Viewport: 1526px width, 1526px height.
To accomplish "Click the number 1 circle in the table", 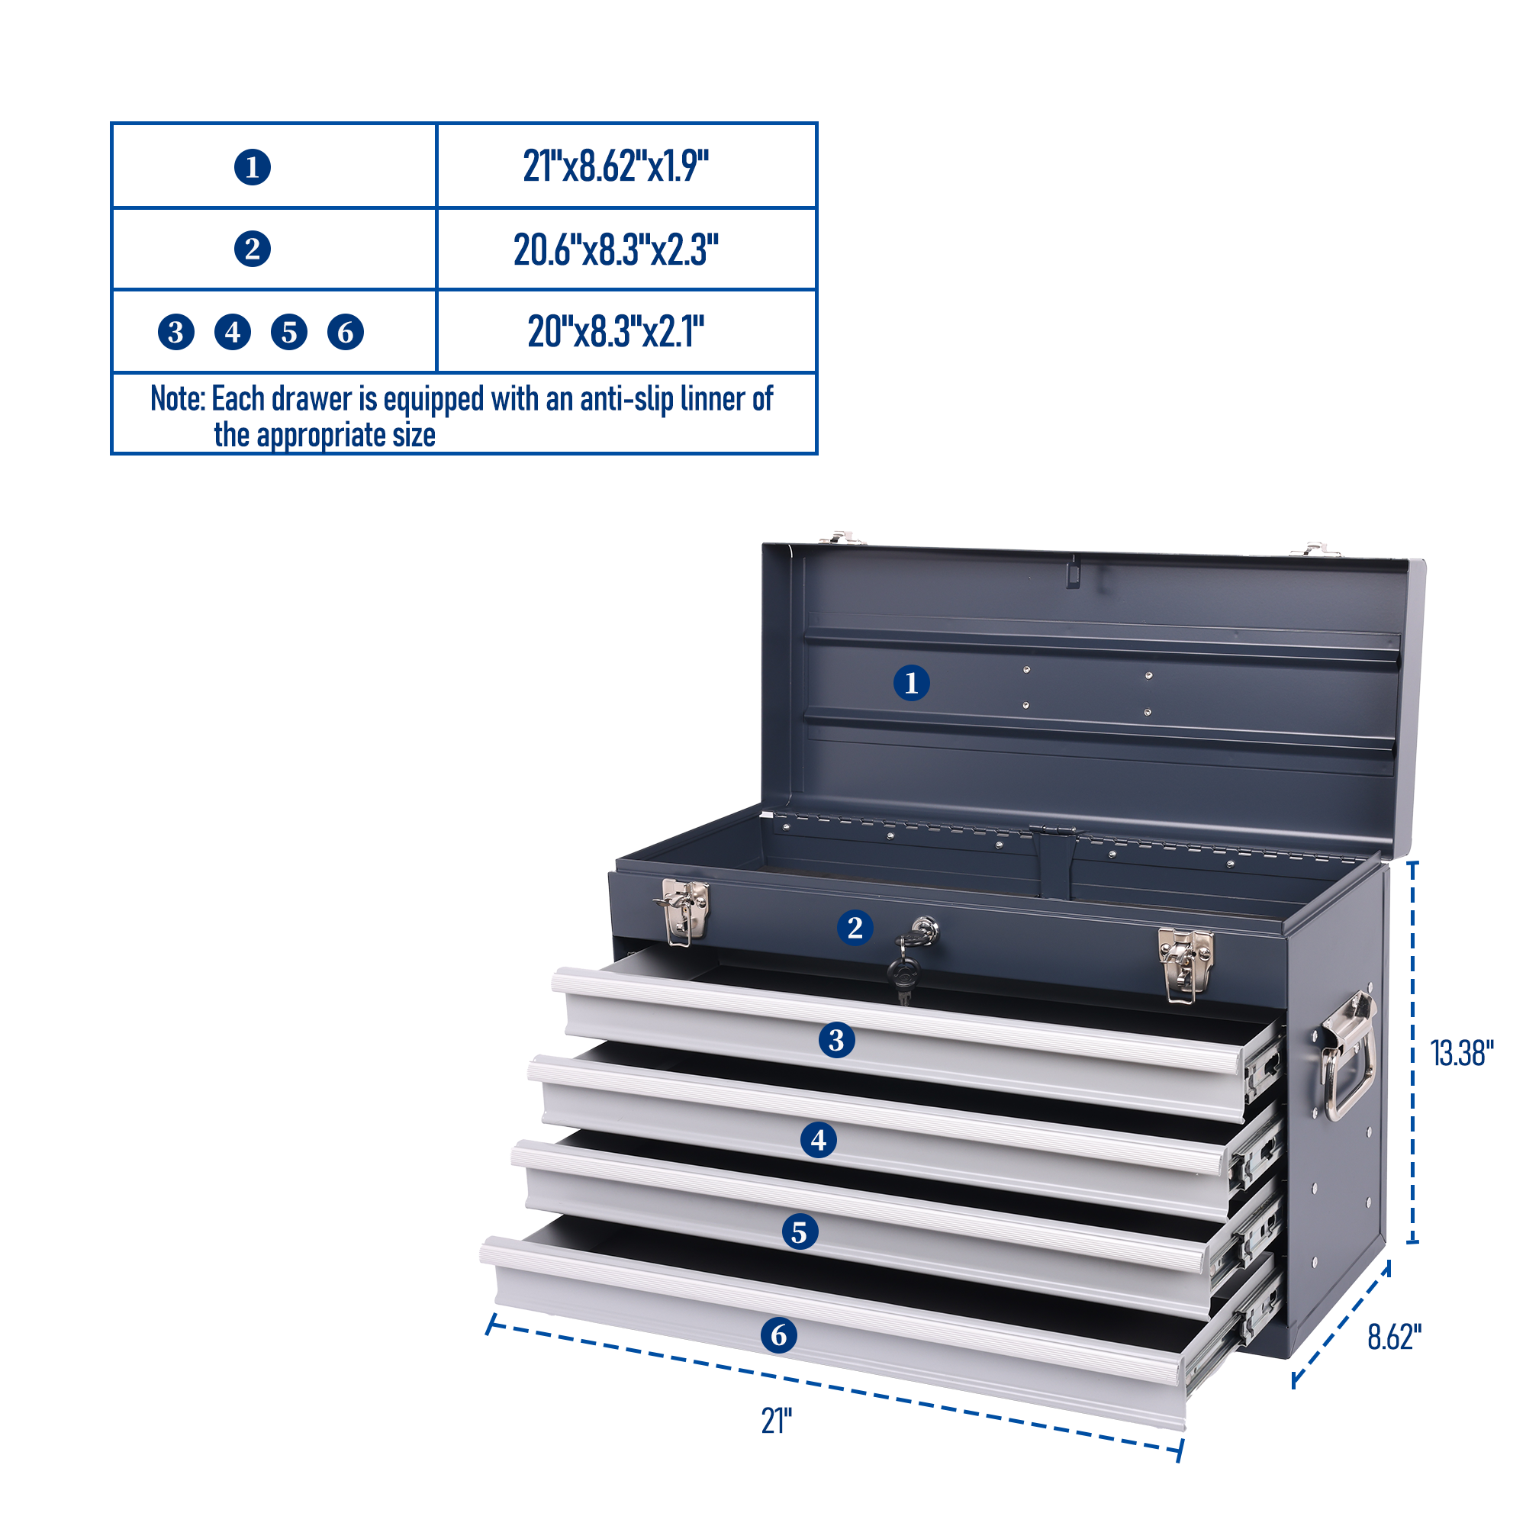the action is pos(253,167).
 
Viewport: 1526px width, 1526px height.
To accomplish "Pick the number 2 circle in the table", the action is pos(253,250).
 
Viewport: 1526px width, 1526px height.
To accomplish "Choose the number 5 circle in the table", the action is pos(289,332).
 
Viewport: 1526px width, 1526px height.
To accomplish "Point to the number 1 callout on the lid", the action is pos(912,682).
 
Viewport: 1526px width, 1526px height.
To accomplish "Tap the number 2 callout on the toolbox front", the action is pos(855,927).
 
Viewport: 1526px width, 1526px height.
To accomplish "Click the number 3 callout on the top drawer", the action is pos(836,1040).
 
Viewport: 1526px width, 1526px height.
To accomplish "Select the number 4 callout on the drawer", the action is pos(819,1140).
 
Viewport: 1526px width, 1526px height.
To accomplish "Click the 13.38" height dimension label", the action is pos(1462,1054).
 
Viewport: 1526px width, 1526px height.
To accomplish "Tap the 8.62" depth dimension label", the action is pos(1395,1338).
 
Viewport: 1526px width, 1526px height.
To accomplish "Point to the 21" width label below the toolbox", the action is pos(777,1421).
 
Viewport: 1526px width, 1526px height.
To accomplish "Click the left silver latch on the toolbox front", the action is pos(682,912).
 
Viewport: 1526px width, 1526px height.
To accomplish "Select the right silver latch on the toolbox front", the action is pos(1186,965).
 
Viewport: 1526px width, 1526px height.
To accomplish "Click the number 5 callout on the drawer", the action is pos(800,1232).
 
